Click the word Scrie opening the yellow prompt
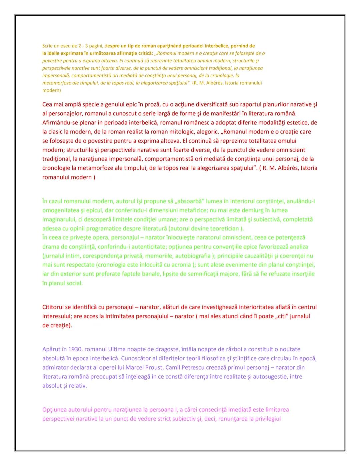(x=48, y=46)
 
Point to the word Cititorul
(x=55, y=307)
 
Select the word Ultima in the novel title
(x=117, y=349)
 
